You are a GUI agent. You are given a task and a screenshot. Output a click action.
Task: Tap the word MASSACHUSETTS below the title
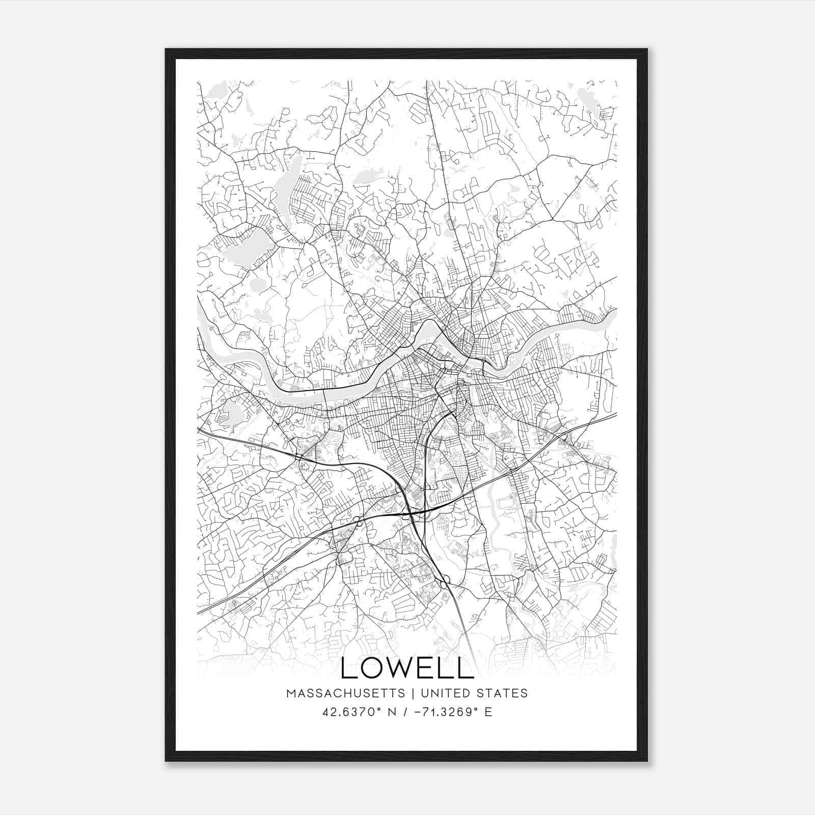[345, 693]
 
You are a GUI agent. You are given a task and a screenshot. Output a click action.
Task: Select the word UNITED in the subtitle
[446, 693]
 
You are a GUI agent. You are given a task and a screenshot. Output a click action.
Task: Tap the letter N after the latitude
[393, 712]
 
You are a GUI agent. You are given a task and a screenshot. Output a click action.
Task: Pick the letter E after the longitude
[488, 712]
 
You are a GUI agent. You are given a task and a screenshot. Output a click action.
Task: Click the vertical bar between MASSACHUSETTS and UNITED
[410, 693]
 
